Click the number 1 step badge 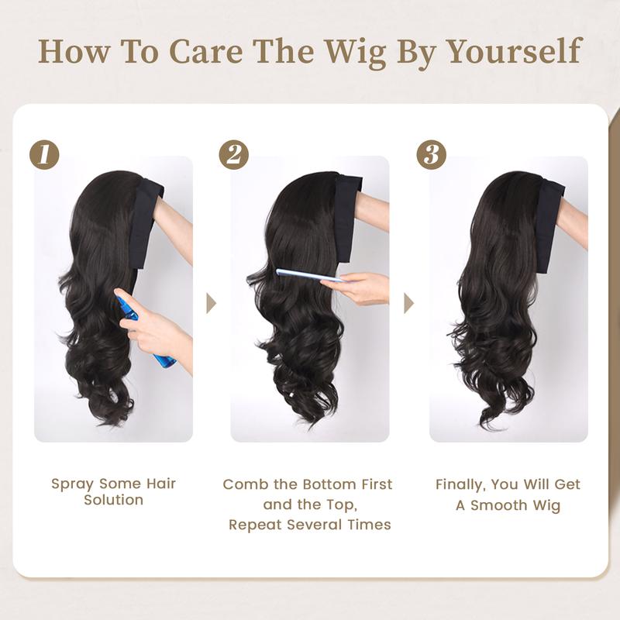tap(44, 154)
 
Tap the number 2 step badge tap(234, 154)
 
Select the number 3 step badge tap(431, 154)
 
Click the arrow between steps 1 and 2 tap(211, 303)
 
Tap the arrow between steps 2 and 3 tap(408, 303)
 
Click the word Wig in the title tap(356, 52)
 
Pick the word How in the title tap(74, 51)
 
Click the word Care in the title tap(205, 51)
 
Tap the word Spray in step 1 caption tap(72, 484)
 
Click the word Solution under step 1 tap(113, 500)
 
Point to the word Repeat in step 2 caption tap(255, 525)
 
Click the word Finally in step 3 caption tap(460, 485)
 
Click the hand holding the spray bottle tap(157, 332)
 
